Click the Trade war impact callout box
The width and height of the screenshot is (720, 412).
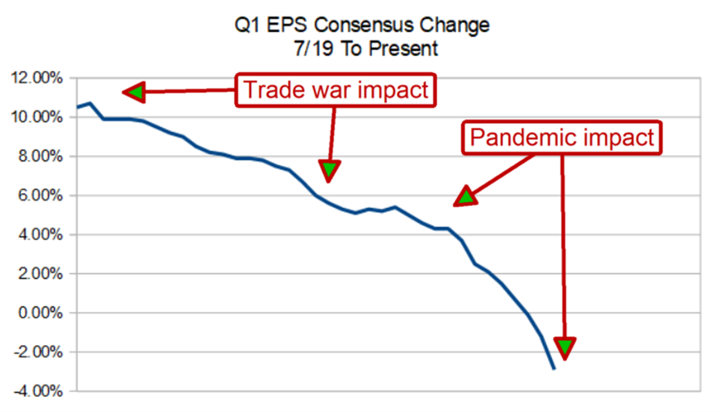pyautogui.click(x=335, y=91)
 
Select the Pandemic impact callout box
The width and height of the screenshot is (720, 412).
pyautogui.click(x=561, y=138)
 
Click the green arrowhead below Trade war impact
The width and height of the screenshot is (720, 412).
pyautogui.click(x=329, y=171)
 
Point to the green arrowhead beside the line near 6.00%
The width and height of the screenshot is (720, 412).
pyautogui.click(x=466, y=196)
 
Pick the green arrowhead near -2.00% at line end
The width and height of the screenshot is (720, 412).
pyautogui.click(x=565, y=347)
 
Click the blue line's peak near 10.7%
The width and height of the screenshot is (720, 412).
pyautogui.click(x=90, y=103)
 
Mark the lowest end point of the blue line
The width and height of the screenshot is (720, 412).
pyautogui.click(x=554, y=369)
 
